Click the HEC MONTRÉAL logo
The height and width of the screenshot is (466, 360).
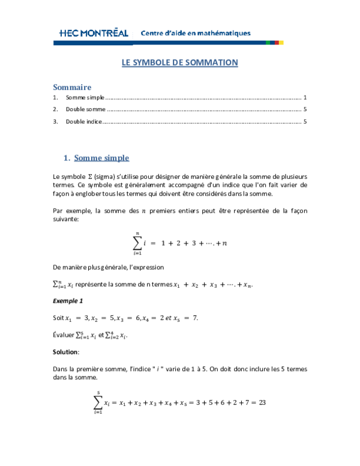pyautogui.click(x=94, y=33)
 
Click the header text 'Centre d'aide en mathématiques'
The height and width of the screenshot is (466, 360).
pyautogui.click(x=195, y=33)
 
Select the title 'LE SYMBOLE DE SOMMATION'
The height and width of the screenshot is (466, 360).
pyautogui.click(x=180, y=62)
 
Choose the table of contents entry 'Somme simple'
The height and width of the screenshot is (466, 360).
pyautogui.click(x=85, y=97)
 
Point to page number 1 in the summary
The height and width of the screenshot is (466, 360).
pyautogui.click(x=305, y=97)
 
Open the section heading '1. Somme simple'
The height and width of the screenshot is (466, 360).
pyautogui.click(x=96, y=158)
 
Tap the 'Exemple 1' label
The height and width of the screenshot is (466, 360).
pyautogui.click(x=67, y=300)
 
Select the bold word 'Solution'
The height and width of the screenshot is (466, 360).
pyautogui.click(x=65, y=351)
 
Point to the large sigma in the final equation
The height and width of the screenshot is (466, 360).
pyautogui.click(x=97, y=402)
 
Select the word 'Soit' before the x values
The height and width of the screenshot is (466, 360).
pyautogui.click(x=59, y=317)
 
